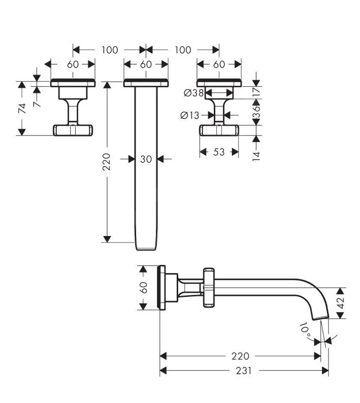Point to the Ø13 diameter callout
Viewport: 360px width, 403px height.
190,115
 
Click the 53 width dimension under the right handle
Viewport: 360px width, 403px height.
219,152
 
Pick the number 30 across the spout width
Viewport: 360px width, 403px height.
146,159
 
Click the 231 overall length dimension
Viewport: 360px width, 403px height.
244,371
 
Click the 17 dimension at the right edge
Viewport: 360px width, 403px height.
256,91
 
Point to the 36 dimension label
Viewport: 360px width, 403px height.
256,111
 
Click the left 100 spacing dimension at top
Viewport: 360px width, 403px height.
110,50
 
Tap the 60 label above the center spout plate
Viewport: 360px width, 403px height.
146,64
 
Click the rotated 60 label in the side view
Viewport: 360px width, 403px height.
143,288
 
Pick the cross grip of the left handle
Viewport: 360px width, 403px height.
73,130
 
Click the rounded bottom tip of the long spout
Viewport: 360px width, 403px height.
146,248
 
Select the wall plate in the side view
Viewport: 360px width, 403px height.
162,288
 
